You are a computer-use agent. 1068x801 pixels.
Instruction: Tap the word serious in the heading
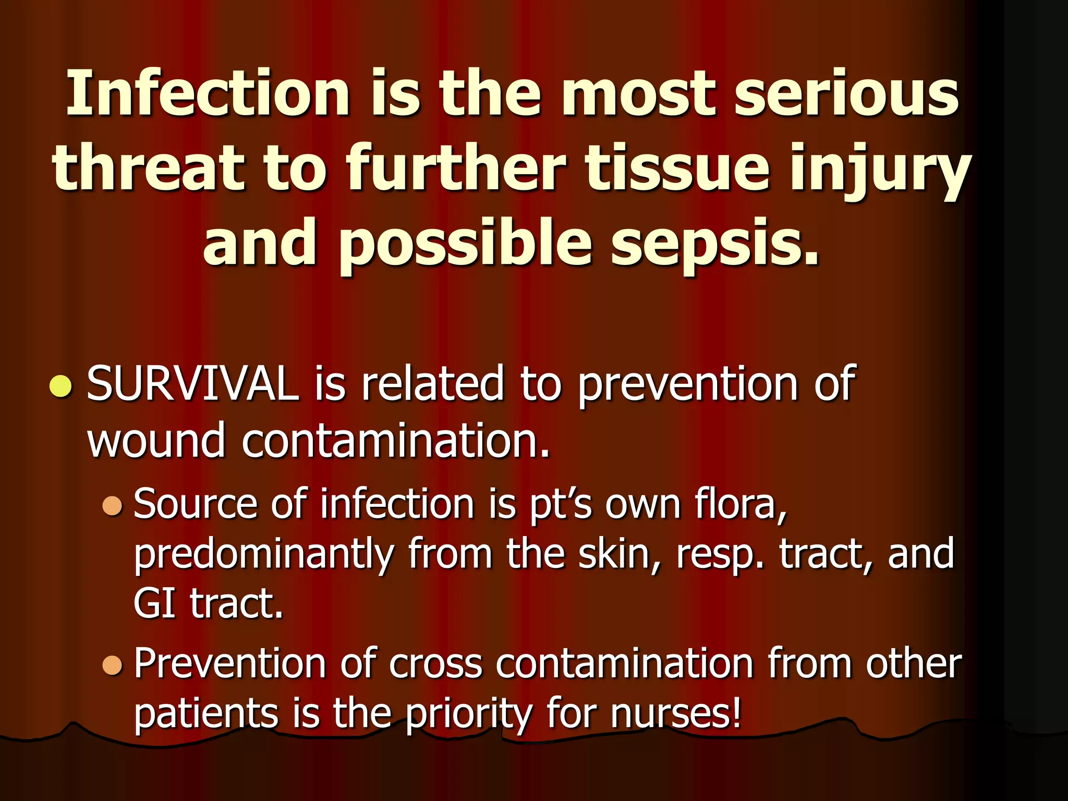click(x=846, y=94)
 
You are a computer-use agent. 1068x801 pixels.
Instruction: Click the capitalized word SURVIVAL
click(x=192, y=384)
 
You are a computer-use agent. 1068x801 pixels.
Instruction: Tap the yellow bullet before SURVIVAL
click(x=60, y=386)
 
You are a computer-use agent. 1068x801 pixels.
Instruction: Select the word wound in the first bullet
click(x=156, y=441)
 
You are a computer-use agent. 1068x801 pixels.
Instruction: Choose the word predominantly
click(x=263, y=555)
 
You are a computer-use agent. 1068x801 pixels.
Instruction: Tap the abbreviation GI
click(x=154, y=603)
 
